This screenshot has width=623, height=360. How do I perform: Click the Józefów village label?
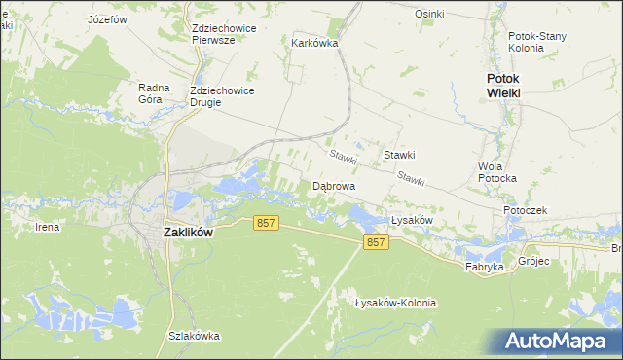pyautogui.click(x=108, y=18)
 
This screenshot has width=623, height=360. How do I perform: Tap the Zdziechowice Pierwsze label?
pyautogui.click(x=224, y=34)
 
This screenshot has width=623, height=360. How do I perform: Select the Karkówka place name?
pyautogui.click(x=313, y=43)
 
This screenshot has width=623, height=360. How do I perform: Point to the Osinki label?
pyautogui.click(x=429, y=14)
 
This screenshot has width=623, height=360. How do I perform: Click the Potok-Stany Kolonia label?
pyautogui.click(x=538, y=42)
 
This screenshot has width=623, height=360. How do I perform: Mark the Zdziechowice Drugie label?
pyautogui.click(x=223, y=96)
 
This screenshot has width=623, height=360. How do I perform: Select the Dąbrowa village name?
pyautogui.click(x=333, y=185)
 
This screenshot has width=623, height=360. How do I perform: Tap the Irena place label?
pyautogui.click(x=47, y=227)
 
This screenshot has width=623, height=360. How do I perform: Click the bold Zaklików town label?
pyautogui.click(x=188, y=233)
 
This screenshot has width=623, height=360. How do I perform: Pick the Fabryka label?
pyautogui.click(x=484, y=266)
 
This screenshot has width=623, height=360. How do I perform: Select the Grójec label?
pyautogui.click(x=533, y=261)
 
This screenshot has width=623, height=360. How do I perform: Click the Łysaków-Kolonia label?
pyautogui.click(x=396, y=303)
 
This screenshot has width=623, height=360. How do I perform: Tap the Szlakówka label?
pyautogui.click(x=193, y=336)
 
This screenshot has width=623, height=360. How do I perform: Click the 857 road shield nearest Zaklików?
pyautogui.click(x=267, y=223)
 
